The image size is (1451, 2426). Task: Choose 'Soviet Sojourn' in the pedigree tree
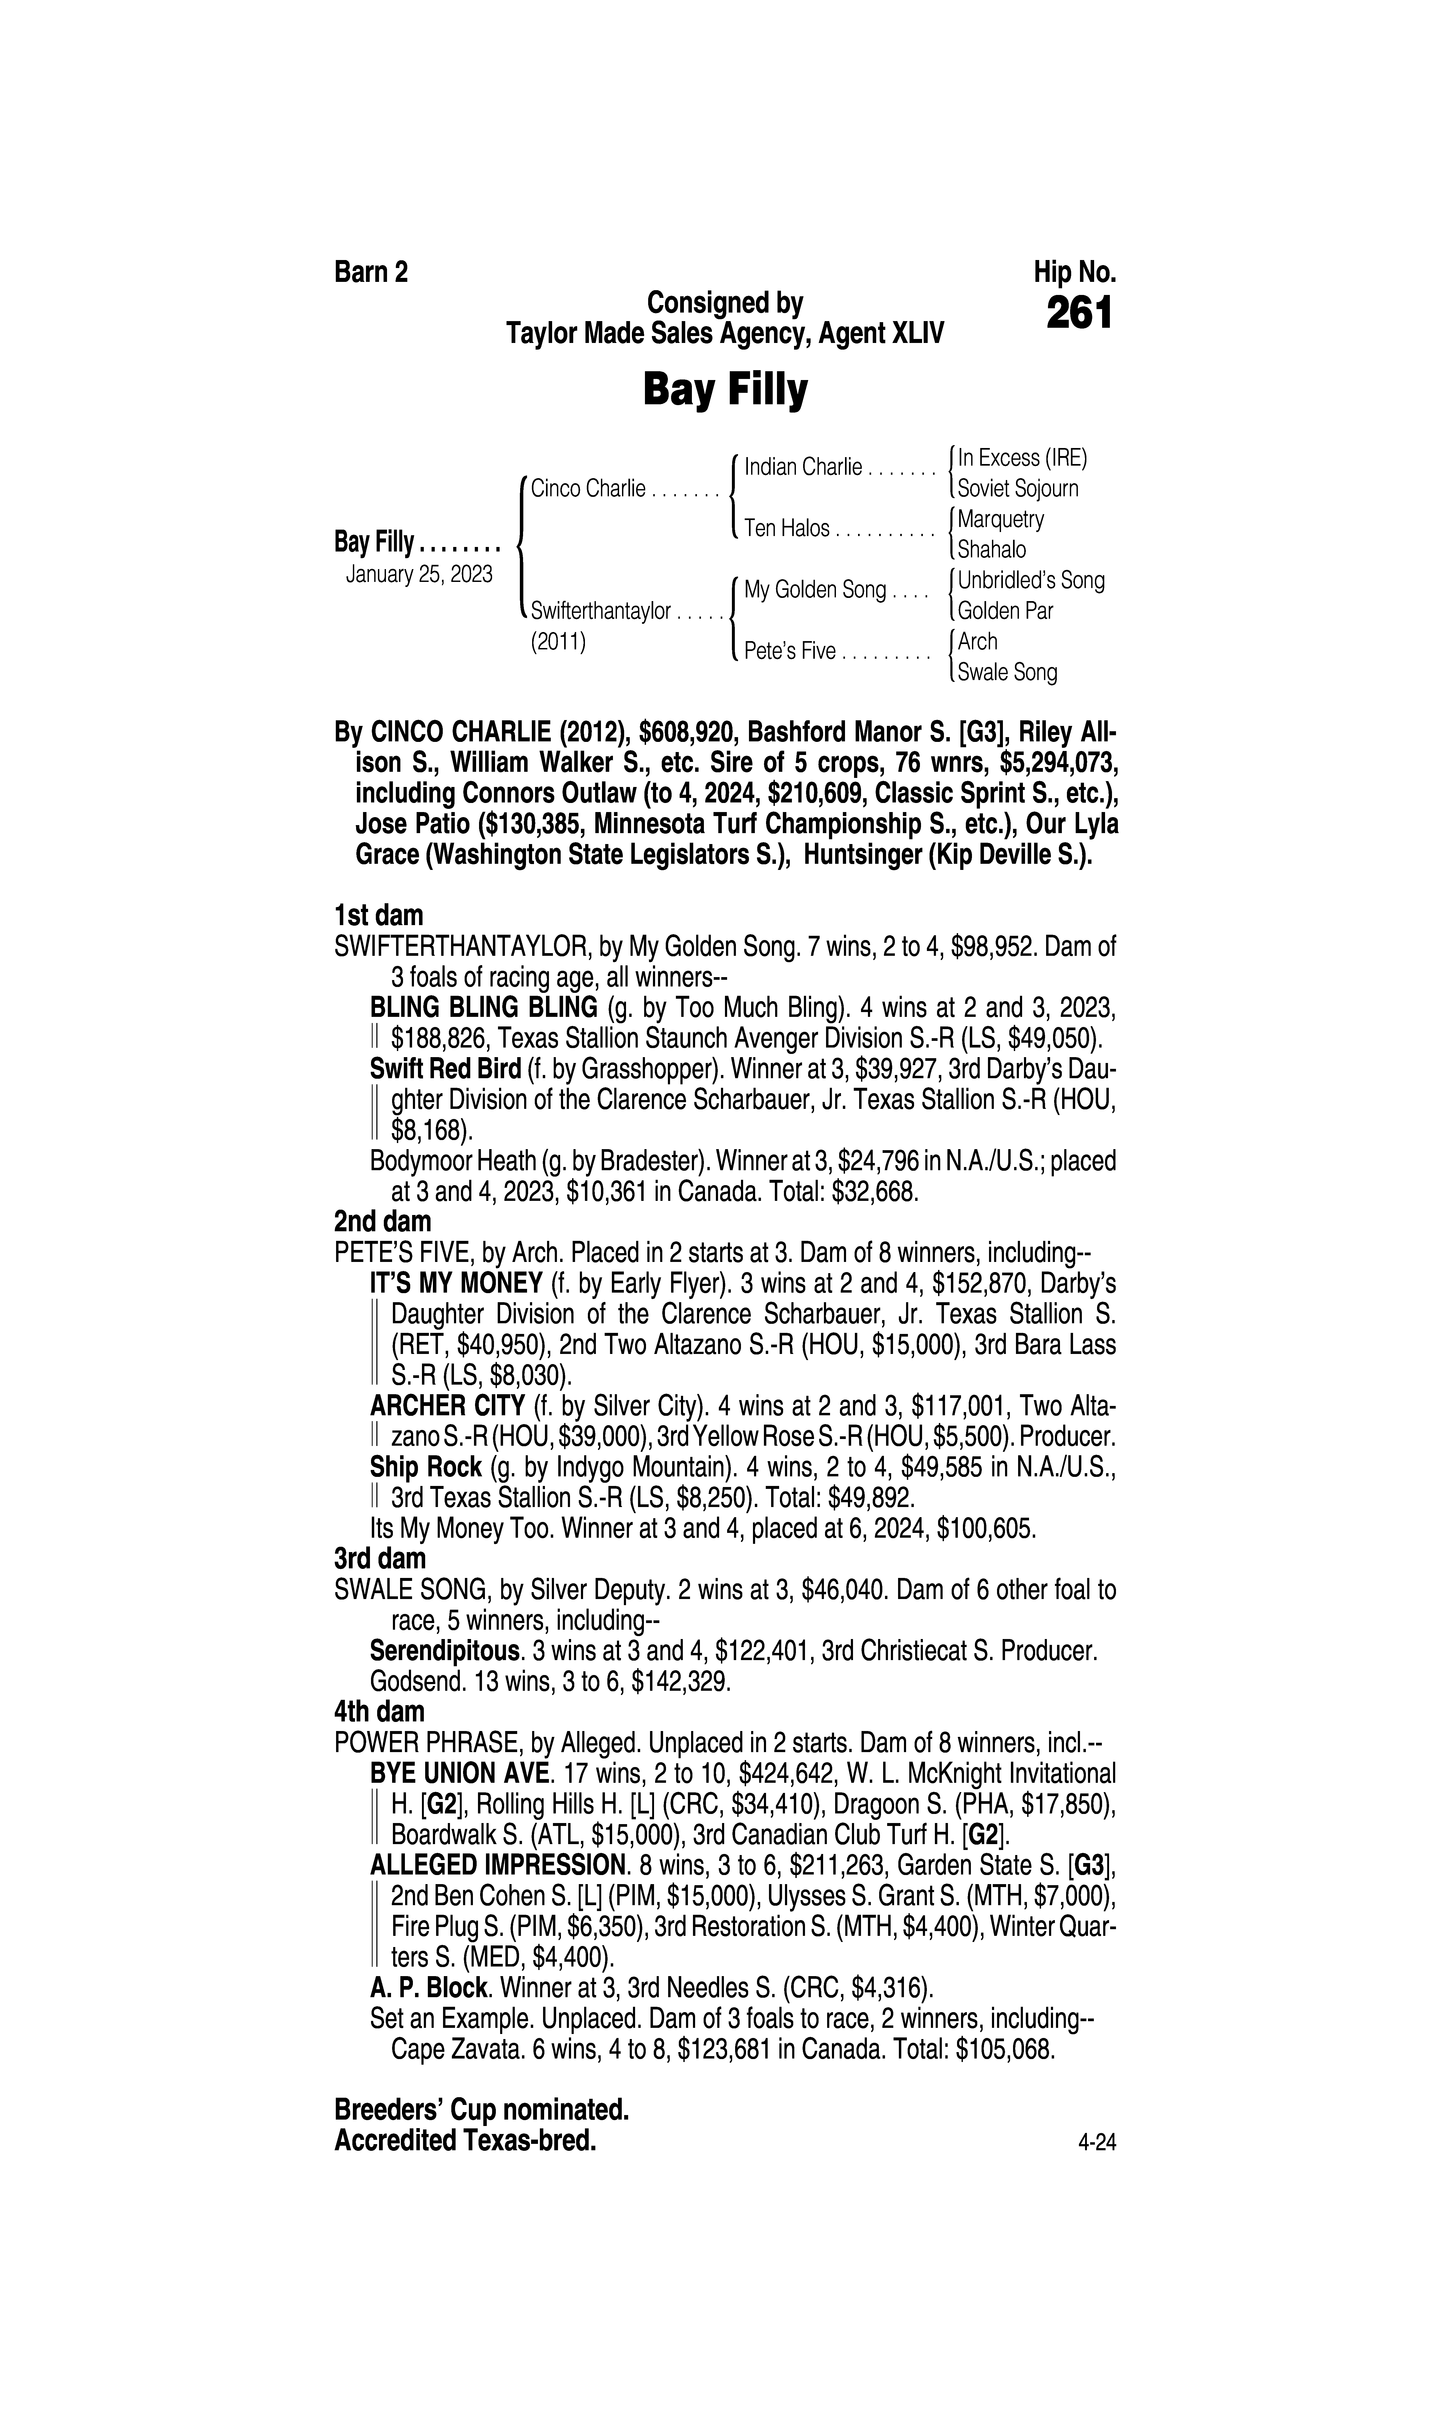tap(1018, 489)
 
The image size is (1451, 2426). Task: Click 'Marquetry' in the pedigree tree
tap(1000, 519)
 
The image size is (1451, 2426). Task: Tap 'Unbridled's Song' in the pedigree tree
tap(1031, 581)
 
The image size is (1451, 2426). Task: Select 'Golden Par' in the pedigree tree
tap(1005, 611)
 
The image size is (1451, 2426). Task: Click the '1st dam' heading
tap(378, 916)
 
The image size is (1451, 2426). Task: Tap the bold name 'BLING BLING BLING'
tap(483, 1008)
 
